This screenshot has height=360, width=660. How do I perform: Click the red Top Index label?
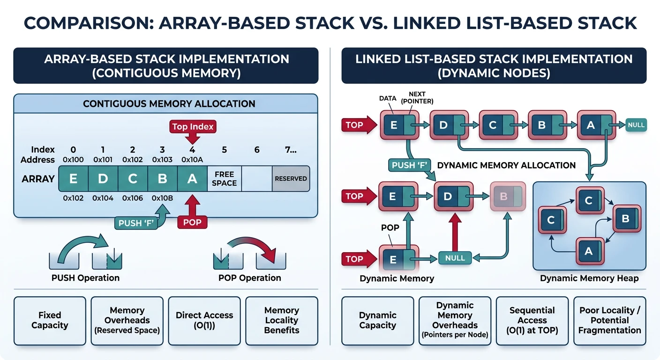point(193,126)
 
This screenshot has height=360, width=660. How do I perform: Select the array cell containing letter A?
point(192,179)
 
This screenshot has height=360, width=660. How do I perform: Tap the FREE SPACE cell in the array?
point(224,179)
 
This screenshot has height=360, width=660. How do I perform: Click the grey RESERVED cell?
point(291,179)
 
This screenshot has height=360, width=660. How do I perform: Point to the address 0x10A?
point(192,160)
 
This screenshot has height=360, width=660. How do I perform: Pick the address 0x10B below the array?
point(162,198)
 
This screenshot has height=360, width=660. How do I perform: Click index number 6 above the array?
point(257,150)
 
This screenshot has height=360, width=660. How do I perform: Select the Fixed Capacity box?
point(50,320)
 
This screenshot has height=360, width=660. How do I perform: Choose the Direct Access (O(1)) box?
point(204,320)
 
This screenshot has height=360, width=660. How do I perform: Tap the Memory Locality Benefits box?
point(282,320)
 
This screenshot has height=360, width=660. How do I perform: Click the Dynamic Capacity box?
point(378,320)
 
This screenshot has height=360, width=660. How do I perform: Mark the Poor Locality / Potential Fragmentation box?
point(609,320)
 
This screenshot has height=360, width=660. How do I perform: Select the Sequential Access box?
point(532,320)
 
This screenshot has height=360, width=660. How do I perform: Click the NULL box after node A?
point(636,125)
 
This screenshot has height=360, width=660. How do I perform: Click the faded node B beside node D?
point(506,196)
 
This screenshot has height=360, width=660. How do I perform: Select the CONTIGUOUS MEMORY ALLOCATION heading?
point(169,104)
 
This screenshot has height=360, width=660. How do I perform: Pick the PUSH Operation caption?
point(85,278)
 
